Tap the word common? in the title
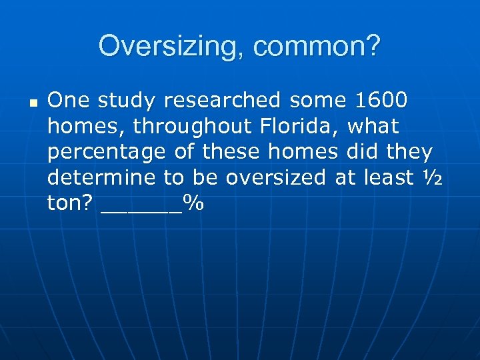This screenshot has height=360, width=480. pos(318,46)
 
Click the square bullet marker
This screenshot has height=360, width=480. pos(31,103)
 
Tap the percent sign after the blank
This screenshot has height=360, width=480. pos(193,204)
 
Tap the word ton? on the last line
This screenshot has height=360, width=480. pos(71,204)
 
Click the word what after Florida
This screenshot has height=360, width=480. pos(373,126)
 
